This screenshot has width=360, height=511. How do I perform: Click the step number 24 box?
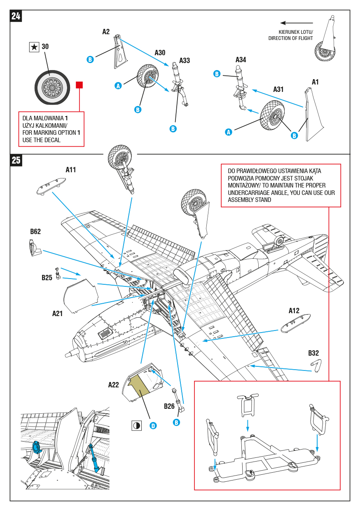(x=16, y=16)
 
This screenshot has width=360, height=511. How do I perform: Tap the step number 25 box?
(x=16, y=160)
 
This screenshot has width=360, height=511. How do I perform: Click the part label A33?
(x=185, y=61)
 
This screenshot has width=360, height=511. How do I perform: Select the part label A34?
(x=241, y=60)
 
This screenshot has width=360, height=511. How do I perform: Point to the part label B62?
(x=35, y=232)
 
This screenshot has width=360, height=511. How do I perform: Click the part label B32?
(x=313, y=353)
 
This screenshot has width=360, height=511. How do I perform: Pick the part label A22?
(x=114, y=385)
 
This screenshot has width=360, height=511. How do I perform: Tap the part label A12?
(x=294, y=311)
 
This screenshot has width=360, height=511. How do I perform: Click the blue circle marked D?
(x=153, y=426)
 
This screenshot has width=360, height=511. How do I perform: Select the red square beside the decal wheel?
(x=80, y=85)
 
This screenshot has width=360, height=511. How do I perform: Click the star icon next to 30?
(x=34, y=47)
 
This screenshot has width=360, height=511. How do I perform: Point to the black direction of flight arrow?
(x=297, y=23)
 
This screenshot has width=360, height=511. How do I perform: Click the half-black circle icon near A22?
(x=136, y=426)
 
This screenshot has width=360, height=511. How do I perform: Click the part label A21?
(x=58, y=314)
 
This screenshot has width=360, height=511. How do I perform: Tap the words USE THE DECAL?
(x=42, y=140)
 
